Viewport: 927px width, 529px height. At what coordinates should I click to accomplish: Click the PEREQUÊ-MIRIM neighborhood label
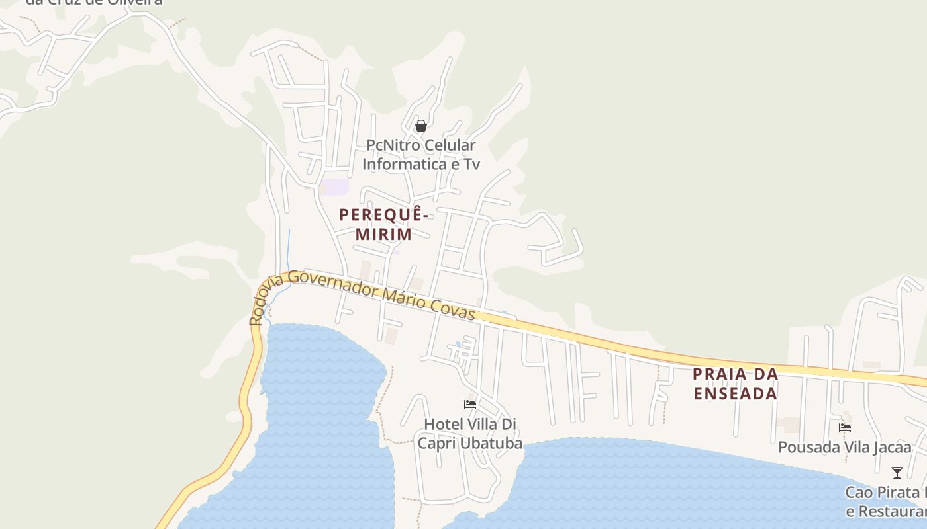click(383, 224)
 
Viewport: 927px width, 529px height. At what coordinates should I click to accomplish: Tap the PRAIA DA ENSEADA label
click(735, 384)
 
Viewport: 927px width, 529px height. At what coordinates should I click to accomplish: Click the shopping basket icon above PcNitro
click(420, 126)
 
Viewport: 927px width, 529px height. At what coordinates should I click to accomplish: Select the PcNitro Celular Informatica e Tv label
click(421, 155)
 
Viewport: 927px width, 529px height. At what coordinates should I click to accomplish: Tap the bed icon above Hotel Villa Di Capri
click(470, 404)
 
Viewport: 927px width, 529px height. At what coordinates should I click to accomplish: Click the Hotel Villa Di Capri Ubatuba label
click(470, 433)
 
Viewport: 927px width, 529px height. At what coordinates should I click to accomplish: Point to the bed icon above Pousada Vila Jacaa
click(845, 428)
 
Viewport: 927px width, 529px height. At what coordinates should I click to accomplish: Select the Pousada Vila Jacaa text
click(844, 448)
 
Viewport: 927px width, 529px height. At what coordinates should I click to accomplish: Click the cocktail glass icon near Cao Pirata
click(897, 473)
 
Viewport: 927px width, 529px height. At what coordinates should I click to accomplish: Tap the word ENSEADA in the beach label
click(735, 394)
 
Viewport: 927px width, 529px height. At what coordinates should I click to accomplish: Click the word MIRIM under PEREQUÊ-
click(383, 234)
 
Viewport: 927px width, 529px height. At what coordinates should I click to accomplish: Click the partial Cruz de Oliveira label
click(93, 2)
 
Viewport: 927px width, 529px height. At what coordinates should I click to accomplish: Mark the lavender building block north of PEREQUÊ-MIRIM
click(335, 187)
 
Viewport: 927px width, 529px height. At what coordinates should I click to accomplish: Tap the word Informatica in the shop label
click(402, 164)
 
